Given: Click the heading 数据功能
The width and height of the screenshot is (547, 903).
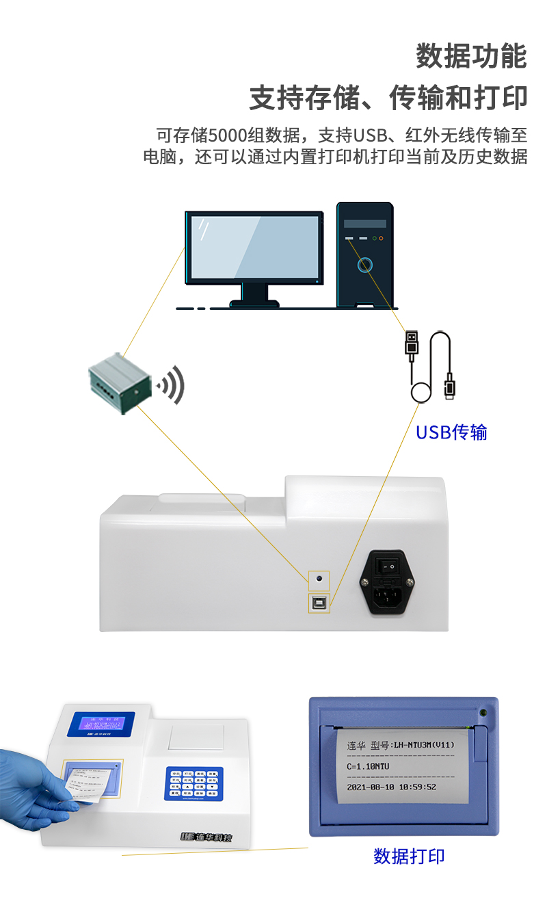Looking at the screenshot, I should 471,56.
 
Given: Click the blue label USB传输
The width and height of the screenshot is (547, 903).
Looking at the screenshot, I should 451,432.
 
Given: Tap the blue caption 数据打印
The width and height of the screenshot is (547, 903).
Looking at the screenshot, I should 409,856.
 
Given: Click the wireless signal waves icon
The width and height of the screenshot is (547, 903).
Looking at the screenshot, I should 172,385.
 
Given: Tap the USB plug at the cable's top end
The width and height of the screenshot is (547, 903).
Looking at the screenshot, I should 411,344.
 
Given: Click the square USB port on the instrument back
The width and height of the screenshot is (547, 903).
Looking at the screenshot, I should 319,602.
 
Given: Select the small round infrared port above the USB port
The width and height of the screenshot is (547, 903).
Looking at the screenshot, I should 319,580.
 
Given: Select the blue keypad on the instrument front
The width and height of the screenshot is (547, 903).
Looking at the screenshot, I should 194,784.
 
